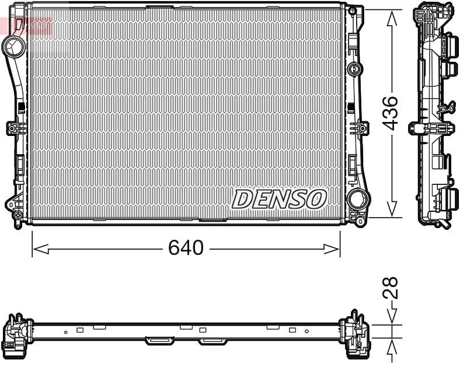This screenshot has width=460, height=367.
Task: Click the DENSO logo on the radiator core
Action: click(278, 199)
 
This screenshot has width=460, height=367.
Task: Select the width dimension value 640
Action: click(186, 248)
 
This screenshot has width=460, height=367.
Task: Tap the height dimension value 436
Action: click(391, 113)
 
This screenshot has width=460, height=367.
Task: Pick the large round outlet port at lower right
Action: click(357, 199)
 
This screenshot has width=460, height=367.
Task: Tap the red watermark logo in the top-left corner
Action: click(26, 25)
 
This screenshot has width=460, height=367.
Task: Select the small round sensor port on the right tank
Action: click(354, 69)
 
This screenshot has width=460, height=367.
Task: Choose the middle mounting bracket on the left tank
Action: click(14, 128)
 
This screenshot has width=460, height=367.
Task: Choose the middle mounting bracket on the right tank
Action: click(358, 128)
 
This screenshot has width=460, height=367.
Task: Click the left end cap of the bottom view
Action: click(17, 335)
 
